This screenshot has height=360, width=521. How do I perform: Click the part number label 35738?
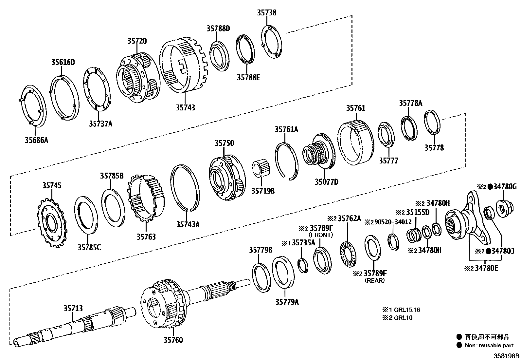pyautogui.click(x=266, y=13)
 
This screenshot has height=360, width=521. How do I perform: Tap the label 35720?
pyautogui.click(x=137, y=41)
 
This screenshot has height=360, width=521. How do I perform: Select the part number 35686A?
pyautogui.click(x=36, y=141)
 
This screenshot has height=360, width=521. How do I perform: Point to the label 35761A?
pyautogui.click(x=286, y=129)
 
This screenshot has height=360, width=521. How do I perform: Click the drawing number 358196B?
pyautogui.click(x=506, y=356)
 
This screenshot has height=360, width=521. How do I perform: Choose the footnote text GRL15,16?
pyautogui.click(x=407, y=310)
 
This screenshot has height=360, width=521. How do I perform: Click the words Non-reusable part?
pyautogui.click(x=489, y=345)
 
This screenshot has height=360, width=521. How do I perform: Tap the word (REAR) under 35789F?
pyautogui.click(x=375, y=281)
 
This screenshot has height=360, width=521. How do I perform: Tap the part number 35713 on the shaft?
pyautogui.click(x=73, y=309)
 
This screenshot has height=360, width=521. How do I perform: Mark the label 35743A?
pyautogui.click(x=188, y=224)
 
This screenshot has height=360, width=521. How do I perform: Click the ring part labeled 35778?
pyautogui.click(x=432, y=122)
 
